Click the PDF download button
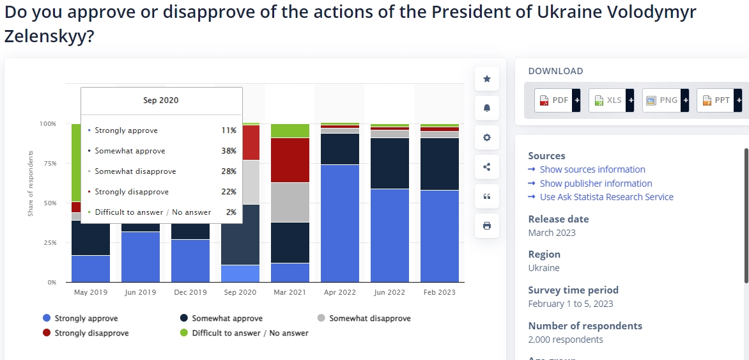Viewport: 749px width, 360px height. click(x=557, y=100)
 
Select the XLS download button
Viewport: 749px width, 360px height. click(x=610, y=100)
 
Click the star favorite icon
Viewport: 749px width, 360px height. click(x=487, y=79)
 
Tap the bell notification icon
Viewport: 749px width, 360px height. click(x=487, y=108)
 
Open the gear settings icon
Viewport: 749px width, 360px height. click(x=487, y=137)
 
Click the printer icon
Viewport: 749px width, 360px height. click(x=487, y=226)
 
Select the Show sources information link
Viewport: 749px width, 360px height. click(x=592, y=169)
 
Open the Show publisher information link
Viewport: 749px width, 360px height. click(x=596, y=184)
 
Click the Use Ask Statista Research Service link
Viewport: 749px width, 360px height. click(x=606, y=197)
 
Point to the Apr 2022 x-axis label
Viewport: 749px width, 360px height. click(x=339, y=292)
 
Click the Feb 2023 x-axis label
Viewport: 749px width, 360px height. click(x=439, y=292)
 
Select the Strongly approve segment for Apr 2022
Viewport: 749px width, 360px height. click(x=339, y=223)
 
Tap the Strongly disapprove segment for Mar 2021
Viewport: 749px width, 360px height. click(x=290, y=160)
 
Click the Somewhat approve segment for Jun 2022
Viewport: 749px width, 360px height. click(x=389, y=163)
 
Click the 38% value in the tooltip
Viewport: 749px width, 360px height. click(x=228, y=151)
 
